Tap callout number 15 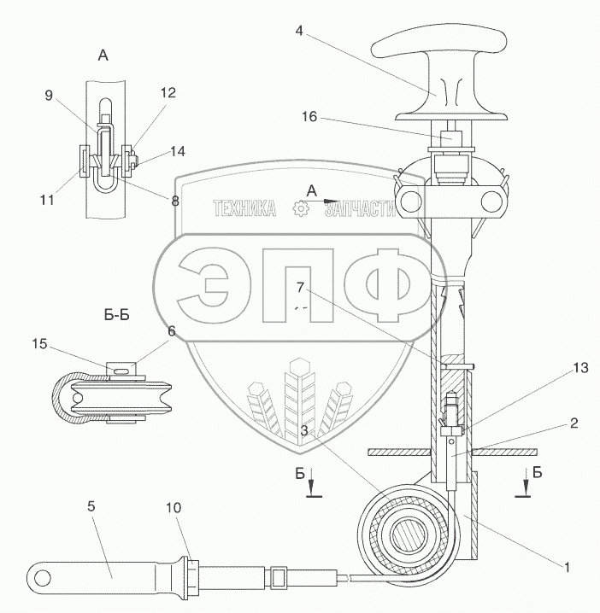point(39,345)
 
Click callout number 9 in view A point(49,96)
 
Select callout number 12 point(168,92)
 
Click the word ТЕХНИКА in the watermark point(244,208)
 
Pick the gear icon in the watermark point(300,208)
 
